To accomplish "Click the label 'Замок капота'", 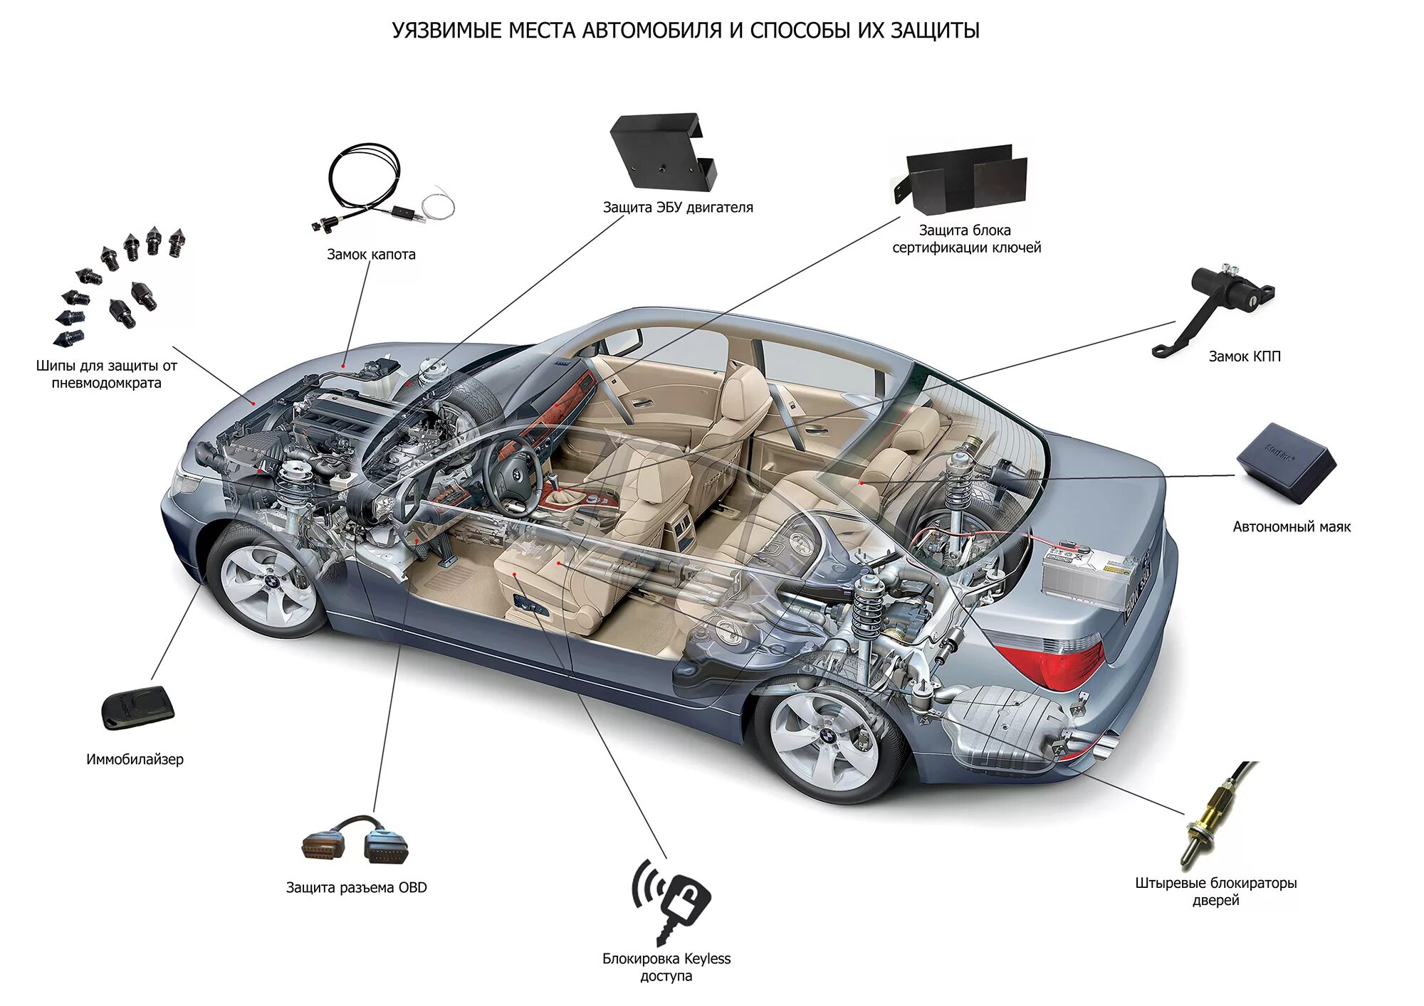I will [x=371, y=255].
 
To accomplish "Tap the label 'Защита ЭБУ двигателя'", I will [x=677, y=208].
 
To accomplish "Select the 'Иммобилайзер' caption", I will [x=135, y=760].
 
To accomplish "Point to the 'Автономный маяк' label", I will [x=1292, y=527].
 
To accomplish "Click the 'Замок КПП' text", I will [x=1244, y=356].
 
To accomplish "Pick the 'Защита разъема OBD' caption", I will [x=356, y=888].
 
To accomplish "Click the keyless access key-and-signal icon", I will [x=671, y=899].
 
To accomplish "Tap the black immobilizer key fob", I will [x=138, y=707].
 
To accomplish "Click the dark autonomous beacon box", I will [x=1286, y=463].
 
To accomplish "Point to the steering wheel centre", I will [x=518, y=477].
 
